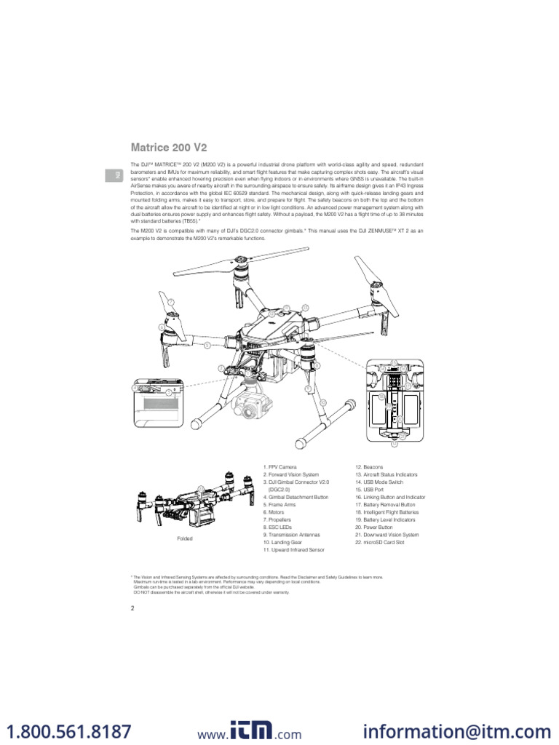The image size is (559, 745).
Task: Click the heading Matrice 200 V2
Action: [x=168, y=148]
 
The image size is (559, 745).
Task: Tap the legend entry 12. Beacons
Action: [x=369, y=466]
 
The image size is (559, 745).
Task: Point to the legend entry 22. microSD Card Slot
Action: [x=380, y=543]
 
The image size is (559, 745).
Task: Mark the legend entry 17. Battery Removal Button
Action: [x=385, y=505]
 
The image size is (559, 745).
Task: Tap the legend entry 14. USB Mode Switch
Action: [x=380, y=482]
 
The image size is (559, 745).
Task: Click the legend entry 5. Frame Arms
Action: [x=279, y=505]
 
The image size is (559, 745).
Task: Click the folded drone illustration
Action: [x=186, y=501]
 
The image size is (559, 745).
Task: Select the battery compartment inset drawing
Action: [x=394, y=402]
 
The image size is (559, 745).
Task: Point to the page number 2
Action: [x=132, y=608]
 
